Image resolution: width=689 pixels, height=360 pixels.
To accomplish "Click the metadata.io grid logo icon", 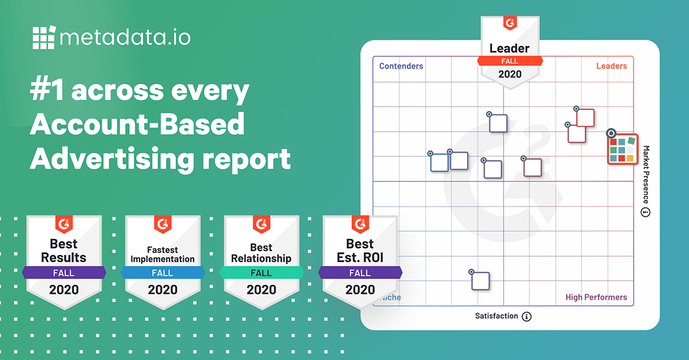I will (x=44, y=38).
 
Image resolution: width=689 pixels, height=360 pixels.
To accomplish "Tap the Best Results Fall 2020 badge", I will (x=64, y=258).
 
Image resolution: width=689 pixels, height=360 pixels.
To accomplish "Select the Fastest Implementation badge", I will (x=162, y=258).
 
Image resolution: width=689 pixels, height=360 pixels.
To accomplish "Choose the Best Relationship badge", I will (x=261, y=258).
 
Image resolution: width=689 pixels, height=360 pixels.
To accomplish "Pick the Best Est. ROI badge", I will (x=360, y=258).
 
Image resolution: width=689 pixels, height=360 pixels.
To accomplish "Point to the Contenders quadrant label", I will (x=401, y=66).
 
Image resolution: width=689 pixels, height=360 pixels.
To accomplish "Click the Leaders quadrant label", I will (x=611, y=66).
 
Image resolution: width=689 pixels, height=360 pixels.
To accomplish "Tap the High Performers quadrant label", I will (x=596, y=297).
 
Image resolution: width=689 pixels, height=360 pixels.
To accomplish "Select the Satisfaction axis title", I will (x=497, y=316).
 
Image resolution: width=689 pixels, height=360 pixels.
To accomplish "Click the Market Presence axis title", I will (x=645, y=175).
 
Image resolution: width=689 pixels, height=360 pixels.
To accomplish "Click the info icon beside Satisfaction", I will (x=527, y=316).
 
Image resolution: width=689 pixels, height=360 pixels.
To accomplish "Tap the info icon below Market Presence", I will (x=645, y=213).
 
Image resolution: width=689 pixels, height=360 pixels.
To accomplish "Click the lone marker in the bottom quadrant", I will (x=480, y=281).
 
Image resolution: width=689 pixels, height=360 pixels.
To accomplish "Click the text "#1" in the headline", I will (x=51, y=91).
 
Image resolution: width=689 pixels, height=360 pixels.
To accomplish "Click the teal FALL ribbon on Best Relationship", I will (x=261, y=273).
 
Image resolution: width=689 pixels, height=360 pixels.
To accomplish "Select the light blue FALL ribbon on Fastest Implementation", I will (x=162, y=273).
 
